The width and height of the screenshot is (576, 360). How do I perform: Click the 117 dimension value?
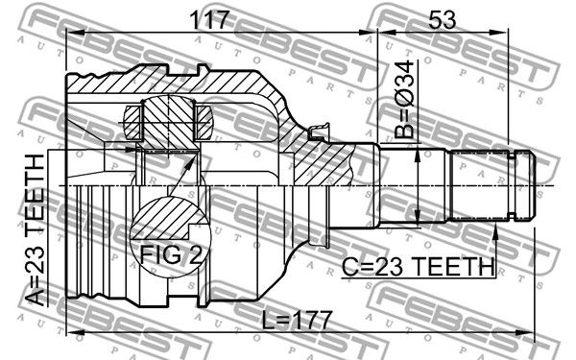click(x=209, y=20)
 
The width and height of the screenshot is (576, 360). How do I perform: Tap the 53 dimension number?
click(x=443, y=20)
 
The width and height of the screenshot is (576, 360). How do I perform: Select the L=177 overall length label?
click(x=298, y=320)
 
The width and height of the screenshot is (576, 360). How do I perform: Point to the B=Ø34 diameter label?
click(x=404, y=100)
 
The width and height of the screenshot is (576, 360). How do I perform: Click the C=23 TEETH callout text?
click(x=419, y=267)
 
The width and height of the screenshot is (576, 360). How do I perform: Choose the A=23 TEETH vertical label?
click(x=36, y=230)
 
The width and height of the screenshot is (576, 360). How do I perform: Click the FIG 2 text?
click(x=171, y=254)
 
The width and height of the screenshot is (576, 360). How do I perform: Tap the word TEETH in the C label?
click(x=453, y=267)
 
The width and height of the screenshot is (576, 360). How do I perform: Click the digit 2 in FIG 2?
click(x=196, y=254)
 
